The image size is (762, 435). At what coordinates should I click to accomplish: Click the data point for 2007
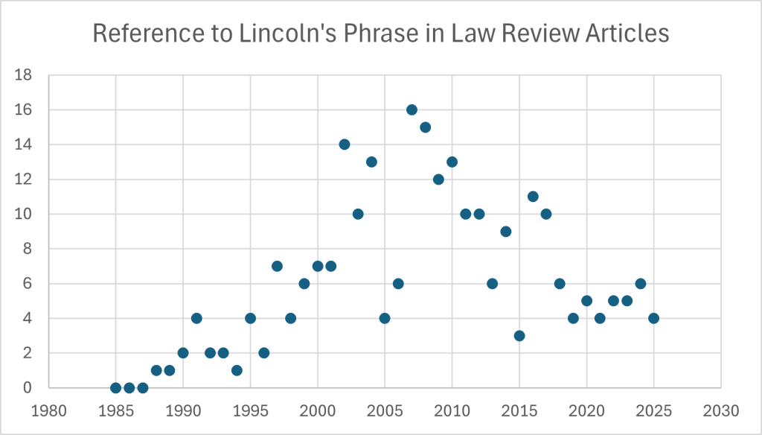click(x=412, y=109)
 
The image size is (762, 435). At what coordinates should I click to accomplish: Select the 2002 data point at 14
click(x=344, y=145)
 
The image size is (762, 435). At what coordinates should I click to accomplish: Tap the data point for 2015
click(x=519, y=335)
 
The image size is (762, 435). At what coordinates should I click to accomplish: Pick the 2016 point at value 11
click(x=533, y=197)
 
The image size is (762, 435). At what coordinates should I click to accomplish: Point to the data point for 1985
click(x=115, y=387)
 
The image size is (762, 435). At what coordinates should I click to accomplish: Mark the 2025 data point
click(x=653, y=318)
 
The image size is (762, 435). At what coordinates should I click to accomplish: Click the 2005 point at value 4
click(x=385, y=318)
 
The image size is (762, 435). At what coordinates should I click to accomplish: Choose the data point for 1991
click(x=196, y=318)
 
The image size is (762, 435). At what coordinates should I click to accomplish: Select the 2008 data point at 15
click(x=425, y=127)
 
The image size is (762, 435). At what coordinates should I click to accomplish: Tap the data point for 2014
click(x=506, y=231)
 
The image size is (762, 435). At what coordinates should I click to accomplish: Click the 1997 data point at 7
click(x=277, y=266)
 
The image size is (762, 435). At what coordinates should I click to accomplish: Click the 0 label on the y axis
click(x=28, y=388)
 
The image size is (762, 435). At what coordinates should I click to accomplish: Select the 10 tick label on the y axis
click(x=24, y=215)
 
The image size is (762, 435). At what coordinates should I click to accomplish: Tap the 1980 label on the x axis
click(x=48, y=410)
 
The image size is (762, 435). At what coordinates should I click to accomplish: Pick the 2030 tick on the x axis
click(x=720, y=410)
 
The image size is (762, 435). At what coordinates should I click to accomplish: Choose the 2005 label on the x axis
click(x=385, y=410)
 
